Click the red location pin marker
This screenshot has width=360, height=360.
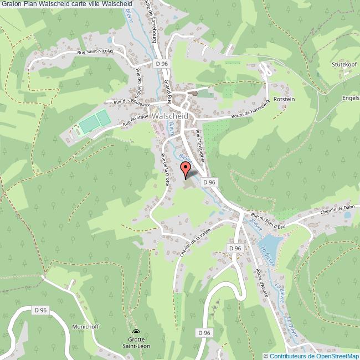pyautogui.click(x=186, y=170)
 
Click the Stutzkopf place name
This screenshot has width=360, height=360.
pyautogui.click(x=336, y=71)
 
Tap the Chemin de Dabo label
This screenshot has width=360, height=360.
pyautogui.click(x=336, y=210)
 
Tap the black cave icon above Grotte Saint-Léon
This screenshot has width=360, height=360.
pyautogui.click(x=136, y=333)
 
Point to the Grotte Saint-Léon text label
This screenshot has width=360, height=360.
pyautogui.click(x=136, y=343)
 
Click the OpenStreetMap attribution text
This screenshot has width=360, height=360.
pyautogui.click(x=313, y=356)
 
